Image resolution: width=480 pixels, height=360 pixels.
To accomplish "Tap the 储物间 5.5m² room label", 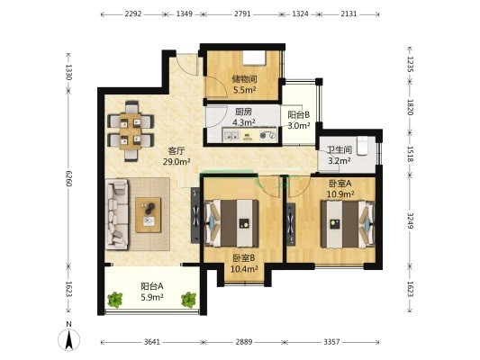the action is point(245,85).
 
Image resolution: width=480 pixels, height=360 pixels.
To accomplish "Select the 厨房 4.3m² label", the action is point(244,117).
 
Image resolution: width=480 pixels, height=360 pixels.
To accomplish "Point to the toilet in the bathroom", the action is point(362,146).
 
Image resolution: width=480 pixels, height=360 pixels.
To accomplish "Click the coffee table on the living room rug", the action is point(149,215).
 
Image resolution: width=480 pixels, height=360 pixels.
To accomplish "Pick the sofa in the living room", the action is point(117,214).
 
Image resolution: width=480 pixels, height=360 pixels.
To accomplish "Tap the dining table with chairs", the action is point(131,130).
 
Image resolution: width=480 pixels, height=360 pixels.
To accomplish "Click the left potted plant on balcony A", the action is point(114,300).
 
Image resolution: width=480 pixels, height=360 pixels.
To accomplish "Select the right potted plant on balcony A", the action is point(188,300).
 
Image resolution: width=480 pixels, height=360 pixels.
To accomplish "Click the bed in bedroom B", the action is point(231,223).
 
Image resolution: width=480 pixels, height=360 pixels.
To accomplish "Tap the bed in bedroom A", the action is point(348,224).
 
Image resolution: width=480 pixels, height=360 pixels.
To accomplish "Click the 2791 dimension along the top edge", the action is point(242,13).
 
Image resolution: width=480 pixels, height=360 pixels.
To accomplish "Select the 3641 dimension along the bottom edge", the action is point(152,342).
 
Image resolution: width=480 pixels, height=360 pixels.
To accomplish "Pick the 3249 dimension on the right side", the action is point(411,220).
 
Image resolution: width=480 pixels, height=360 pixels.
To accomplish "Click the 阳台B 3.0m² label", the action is point(299,121).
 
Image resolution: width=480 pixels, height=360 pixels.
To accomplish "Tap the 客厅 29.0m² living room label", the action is point(177,157).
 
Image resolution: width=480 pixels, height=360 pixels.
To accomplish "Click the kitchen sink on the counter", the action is point(231,135).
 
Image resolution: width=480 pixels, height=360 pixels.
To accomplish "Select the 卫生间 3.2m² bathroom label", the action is point(340,156).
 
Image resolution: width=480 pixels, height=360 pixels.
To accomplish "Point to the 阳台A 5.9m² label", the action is point(152,292).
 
